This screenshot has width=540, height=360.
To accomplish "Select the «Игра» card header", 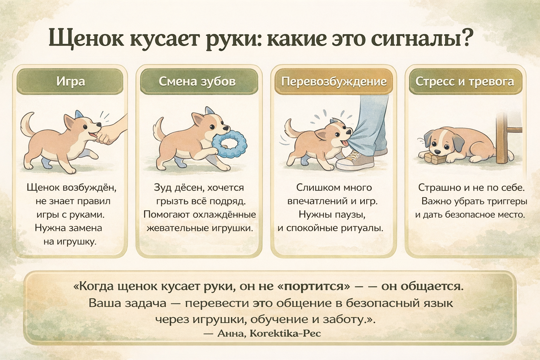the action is (x=70, y=82).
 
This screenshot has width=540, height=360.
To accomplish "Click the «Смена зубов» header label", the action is (x=197, y=82).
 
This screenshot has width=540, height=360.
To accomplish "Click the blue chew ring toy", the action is (x=229, y=144).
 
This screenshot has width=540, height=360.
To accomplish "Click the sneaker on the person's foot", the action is (x=355, y=160).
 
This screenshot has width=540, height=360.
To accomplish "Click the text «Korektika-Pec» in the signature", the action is (x=285, y=334).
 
